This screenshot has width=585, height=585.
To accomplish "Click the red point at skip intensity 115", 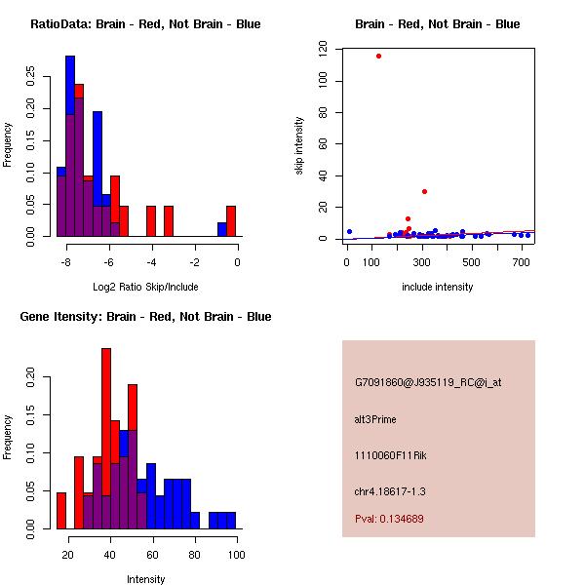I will (x=378, y=56).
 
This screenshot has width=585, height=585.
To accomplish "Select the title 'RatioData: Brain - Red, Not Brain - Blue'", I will (x=145, y=24).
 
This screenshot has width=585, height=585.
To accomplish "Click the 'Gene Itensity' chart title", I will (x=145, y=317).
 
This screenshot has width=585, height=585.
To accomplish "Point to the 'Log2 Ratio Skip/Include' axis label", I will (x=145, y=287).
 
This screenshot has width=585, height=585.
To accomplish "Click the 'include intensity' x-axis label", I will (x=438, y=287).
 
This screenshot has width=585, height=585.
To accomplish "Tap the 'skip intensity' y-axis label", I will (x=299, y=146).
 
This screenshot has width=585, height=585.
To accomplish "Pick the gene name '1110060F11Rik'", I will (x=386, y=455).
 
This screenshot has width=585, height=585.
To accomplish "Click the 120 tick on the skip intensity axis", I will (x=322, y=47).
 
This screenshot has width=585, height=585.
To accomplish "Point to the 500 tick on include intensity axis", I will (x=472, y=261).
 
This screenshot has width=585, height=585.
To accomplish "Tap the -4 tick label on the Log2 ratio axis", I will (x=151, y=261).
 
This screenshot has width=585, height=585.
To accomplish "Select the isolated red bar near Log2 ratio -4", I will (x=151, y=221).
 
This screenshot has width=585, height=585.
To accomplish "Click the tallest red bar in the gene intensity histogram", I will (x=106, y=438).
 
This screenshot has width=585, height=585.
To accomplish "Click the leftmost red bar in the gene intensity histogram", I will (x=61, y=510).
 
